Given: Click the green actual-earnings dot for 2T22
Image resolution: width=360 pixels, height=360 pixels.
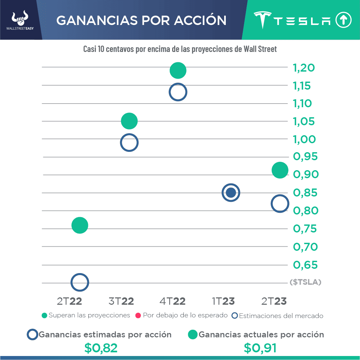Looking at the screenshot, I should tap(80, 225).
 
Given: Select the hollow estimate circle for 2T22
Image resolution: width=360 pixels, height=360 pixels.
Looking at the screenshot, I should tap(80, 282).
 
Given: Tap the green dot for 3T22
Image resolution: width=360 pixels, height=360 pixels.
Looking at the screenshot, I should tap(129, 121).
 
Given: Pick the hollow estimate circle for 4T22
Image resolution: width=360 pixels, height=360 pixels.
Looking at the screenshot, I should tap(178, 92).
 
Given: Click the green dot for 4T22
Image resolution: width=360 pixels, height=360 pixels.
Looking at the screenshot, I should tap(178, 70).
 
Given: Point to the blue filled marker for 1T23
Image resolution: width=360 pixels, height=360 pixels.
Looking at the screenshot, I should tap(231, 192).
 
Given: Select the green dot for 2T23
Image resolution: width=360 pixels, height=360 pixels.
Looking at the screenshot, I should tap(280, 170).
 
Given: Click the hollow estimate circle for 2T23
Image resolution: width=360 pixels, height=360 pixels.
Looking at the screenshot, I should tap(280, 203).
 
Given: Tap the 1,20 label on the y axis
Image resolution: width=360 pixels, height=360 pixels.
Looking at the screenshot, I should tap(304, 68).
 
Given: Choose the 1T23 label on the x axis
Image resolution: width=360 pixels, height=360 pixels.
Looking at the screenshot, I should tap(223, 301).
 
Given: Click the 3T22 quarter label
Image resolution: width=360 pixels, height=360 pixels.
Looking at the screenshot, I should tap(121, 301).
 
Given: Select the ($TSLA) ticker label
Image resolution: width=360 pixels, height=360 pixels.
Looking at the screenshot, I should tap(305, 282).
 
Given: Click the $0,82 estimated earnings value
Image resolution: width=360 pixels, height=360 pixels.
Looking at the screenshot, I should tap(101, 348).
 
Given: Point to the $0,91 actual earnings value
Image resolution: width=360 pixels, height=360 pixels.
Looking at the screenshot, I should tap(260, 348).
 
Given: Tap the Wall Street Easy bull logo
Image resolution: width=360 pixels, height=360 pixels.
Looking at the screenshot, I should tap(20, 20).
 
